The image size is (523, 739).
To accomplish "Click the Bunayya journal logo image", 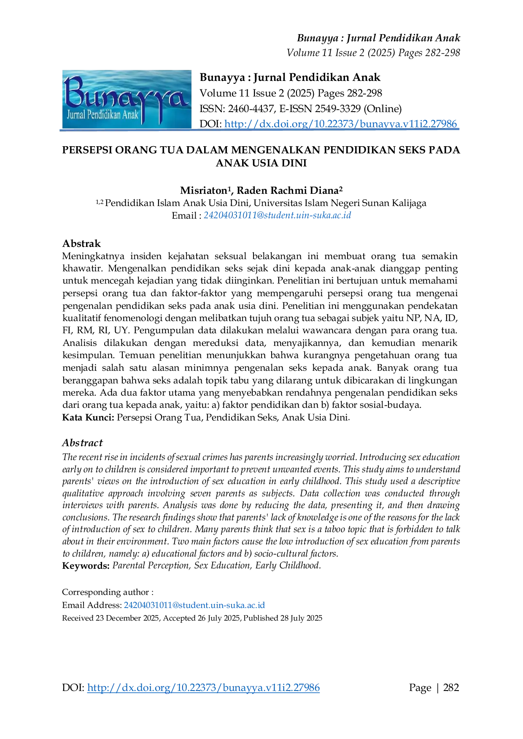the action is [127, 99].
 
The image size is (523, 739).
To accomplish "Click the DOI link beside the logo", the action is [341, 124].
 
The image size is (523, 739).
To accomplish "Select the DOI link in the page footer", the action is [203, 688].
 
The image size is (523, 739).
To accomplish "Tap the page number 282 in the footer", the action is [451, 688].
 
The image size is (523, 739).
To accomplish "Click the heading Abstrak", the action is [81, 244].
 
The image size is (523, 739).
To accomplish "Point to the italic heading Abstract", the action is [82, 443].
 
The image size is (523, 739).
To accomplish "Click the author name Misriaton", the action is [204, 190].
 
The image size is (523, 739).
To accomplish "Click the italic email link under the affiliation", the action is [277, 215].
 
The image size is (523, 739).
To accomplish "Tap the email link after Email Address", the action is [194, 605].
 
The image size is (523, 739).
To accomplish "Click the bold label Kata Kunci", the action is [88, 418].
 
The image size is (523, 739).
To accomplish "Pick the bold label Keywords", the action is [86, 565].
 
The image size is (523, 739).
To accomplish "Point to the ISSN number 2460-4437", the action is [251, 109].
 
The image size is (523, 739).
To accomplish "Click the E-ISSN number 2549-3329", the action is [337, 109].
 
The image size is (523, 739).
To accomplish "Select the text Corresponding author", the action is [105, 592].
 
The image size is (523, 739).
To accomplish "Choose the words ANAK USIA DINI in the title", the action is [261, 163].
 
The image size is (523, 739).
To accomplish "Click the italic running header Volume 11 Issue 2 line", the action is [373, 53].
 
